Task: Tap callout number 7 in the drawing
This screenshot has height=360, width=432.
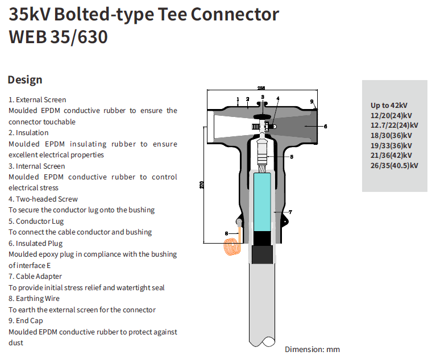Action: coord(290,212)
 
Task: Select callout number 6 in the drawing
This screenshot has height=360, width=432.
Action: coord(325,126)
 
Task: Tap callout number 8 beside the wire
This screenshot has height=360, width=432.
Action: coord(226,233)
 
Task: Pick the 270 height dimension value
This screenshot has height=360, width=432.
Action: coord(202,186)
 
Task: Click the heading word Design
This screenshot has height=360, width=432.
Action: coord(25,80)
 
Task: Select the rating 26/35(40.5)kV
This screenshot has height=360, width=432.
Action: coord(394,165)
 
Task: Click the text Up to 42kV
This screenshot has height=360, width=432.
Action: coord(389,105)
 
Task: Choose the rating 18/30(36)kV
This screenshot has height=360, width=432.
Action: coord(391,135)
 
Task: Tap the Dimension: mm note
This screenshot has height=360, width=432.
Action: coord(312,349)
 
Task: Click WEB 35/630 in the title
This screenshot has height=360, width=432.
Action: coord(58,37)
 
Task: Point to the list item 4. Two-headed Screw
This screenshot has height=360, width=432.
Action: coord(43,199)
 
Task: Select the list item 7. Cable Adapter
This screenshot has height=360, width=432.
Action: coord(35,277)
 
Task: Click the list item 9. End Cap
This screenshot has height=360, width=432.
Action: coord(26,321)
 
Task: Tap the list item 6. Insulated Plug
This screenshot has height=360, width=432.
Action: coord(35,244)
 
